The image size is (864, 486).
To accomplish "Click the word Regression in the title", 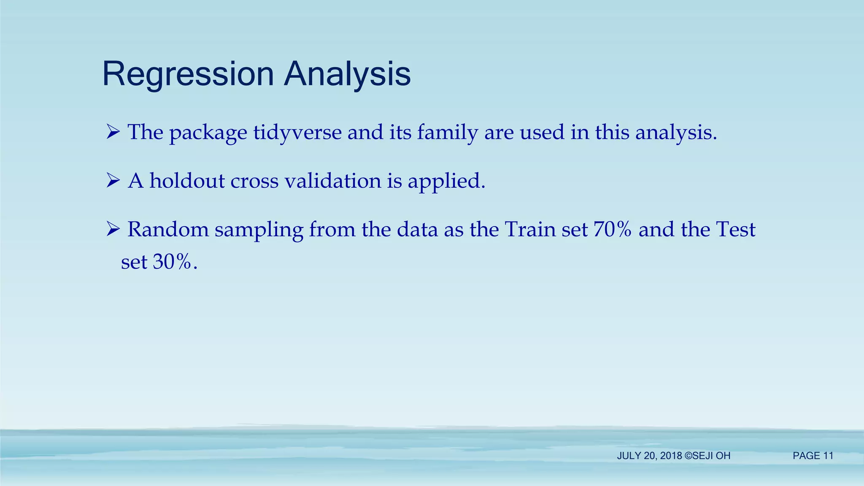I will pyautogui.click(x=188, y=74).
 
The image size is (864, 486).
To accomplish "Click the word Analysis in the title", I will pyautogui.click(x=347, y=74).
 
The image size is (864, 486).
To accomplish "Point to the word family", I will pyautogui.click(x=447, y=132).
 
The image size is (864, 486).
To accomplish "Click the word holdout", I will pyautogui.click(x=187, y=181).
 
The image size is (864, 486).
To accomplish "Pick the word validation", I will pyautogui.click(x=333, y=181).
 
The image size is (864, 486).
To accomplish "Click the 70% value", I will pyautogui.click(x=612, y=229).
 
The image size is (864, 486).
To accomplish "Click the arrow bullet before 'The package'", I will pyautogui.click(x=113, y=132).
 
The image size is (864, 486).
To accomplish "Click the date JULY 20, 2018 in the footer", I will pyautogui.click(x=649, y=456).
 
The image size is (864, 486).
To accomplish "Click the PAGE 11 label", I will pyautogui.click(x=813, y=456).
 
